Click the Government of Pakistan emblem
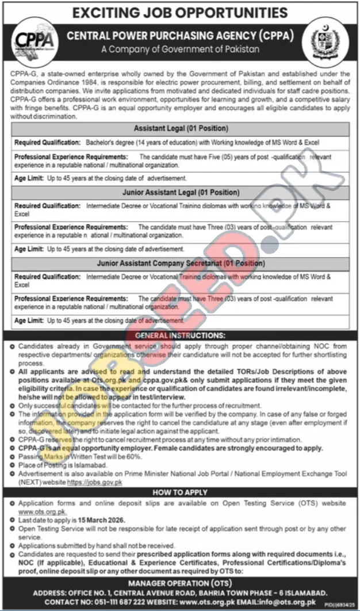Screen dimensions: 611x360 coord(325,41)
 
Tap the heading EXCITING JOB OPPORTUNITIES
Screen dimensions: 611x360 coord(180,11)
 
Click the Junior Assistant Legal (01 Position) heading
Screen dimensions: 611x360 coord(181,193)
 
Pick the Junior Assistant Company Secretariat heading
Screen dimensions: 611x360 coord(181,264)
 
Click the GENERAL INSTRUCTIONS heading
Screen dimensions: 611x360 coord(180,335)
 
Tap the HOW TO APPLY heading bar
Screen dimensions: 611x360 coord(180,493)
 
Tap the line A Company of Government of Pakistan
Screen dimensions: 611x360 coord(180,49)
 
